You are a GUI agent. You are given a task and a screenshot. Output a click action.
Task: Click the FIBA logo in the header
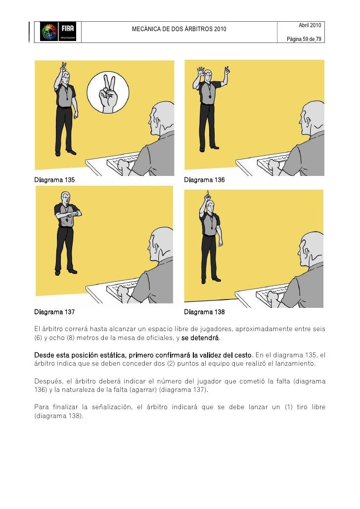coord(57,32)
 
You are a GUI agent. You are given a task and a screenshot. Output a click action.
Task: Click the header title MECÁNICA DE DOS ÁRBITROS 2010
coord(179,30)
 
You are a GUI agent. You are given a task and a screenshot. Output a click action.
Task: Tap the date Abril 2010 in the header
coord(310,25)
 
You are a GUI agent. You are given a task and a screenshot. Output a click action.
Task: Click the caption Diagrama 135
coord(54,180)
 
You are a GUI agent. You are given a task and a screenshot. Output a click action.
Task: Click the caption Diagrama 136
coord(204,180)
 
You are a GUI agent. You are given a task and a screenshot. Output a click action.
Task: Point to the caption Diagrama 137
coord(54,312)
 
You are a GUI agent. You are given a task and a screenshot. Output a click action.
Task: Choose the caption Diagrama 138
coord(204,312)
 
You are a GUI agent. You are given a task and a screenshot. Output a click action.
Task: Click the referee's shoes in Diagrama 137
coord(65,272)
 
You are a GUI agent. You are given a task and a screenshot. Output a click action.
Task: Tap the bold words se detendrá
coord(200,339)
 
